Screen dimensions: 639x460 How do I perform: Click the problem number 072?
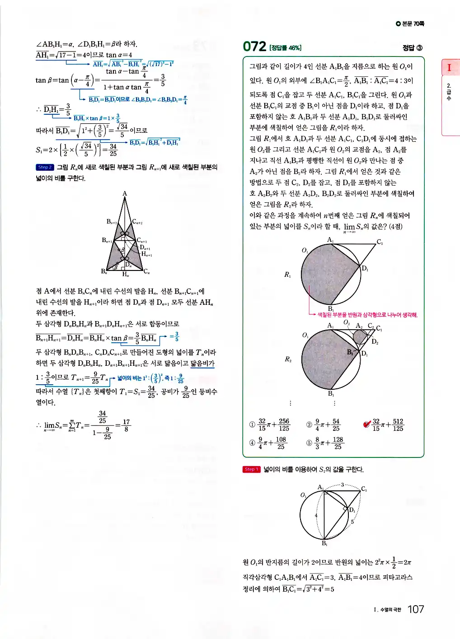(x=254, y=47)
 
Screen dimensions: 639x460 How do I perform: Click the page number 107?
(x=416, y=609)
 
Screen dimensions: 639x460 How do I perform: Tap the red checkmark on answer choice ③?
(x=367, y=424)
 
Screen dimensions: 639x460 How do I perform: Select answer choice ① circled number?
(x=252, y=424)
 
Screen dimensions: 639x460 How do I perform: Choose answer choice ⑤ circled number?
(x=309, y=443)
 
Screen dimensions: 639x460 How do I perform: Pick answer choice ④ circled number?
(x=252, y=443)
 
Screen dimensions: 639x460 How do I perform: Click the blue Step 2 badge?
(x=45, y=167)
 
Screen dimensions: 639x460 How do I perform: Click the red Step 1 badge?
(x=251, y=470)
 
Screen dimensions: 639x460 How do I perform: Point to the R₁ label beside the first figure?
(x=287, y=275)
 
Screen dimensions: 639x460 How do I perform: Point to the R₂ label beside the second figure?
(x=288, y=359)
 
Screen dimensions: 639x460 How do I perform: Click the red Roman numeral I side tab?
(x=449, y=68)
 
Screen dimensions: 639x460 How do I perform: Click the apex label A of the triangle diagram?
(x=125, y=194)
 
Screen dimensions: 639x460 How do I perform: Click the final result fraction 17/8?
(x=126, y=425)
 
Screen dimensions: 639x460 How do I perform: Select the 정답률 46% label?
(x=285, y=48)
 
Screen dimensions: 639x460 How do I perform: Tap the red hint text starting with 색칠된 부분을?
(x=367, y=315)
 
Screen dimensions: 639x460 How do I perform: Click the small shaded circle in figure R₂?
(x=360, y=337)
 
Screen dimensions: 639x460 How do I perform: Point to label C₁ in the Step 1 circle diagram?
(x=364, y=489)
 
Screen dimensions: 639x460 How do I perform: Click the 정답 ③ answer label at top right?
(x=413, y=48)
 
